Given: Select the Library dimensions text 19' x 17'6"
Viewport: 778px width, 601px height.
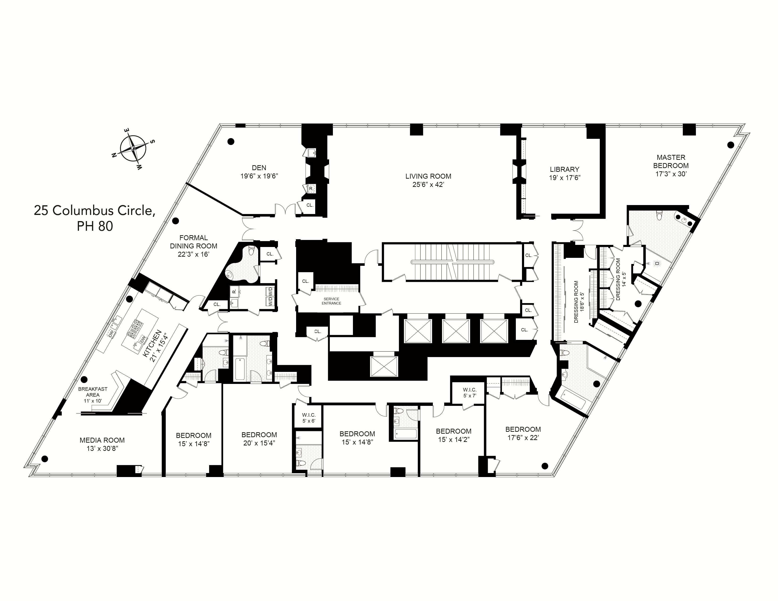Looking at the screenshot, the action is coord(565,178).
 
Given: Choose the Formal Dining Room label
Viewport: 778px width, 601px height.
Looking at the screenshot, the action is coord(193,242).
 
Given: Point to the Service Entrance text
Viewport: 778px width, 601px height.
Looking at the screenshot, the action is coord(331,301).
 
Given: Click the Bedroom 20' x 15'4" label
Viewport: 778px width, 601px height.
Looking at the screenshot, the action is coord(259,435).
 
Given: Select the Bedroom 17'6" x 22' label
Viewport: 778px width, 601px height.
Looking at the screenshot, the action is coord(523,429).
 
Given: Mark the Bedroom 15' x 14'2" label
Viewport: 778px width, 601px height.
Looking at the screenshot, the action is coord(453,431).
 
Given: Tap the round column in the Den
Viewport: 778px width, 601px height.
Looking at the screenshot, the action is coord(231,141).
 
